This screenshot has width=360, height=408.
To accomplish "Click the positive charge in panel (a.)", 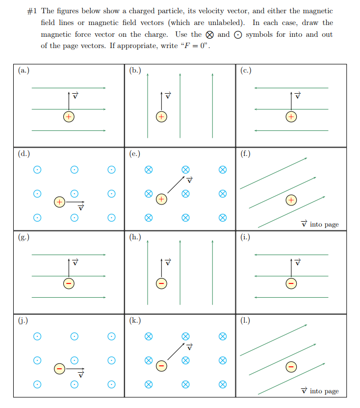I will pyautogui.click(x=69, y=117).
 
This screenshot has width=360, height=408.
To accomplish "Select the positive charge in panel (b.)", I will pyautogui.click(x=161, y=117).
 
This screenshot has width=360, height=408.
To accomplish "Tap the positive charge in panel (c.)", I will pyautogui.click(x=291, y=117).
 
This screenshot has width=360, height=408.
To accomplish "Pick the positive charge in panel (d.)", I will pyautogui.click(x=59, y=202).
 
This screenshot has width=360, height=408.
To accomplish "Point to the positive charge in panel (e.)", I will pyautogui.click(x=161, y=199).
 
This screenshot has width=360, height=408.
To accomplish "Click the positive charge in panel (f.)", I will pyautogui.click(x=291, y=200).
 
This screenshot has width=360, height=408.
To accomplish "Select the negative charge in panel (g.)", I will pyautogui.click(x=69, y=283).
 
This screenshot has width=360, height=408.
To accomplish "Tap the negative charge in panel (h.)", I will pyautogui.click(x=161, y=283).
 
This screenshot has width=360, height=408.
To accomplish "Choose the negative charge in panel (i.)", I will pyautogui.click(x=291, y=283).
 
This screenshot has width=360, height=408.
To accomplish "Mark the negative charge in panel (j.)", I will pyautogui.click(x=59, y=368).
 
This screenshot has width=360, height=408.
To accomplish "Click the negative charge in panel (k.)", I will pyautogui.click(x=161, y=366).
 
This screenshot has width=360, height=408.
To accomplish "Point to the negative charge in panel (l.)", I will pyautogui.click(x=291, y=366).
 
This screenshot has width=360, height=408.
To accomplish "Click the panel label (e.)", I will pyautogui.click(x=134, y=154).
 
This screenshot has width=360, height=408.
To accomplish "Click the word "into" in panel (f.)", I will pyautogui.click(x=316, y=225).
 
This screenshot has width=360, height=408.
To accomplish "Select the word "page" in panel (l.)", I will pyautogui.click(x=332, y=391).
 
